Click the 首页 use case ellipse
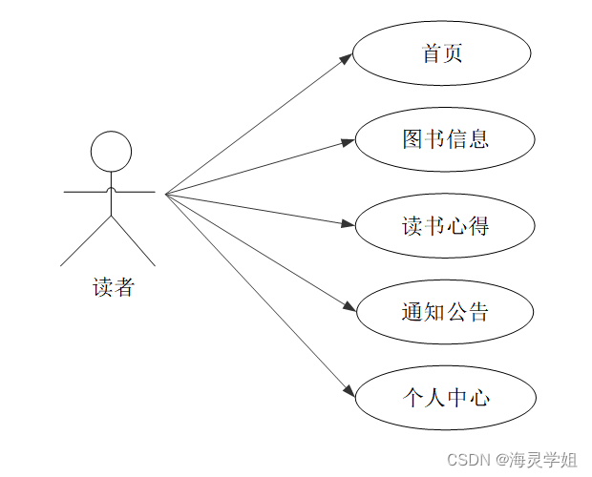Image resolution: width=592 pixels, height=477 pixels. point(441,54)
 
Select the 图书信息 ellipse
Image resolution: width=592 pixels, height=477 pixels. point(444,140)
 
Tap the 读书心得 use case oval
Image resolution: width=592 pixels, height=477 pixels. point(444,226)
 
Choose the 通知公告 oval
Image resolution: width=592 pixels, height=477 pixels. point(444,311)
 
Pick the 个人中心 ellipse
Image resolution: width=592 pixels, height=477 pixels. point(444,396)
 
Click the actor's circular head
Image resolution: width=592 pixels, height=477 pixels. point(111,152)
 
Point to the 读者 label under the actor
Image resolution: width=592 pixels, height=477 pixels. point(114,287)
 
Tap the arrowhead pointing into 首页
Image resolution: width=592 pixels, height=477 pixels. point(347,58)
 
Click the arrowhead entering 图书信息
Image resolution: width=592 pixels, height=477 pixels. point(349,142)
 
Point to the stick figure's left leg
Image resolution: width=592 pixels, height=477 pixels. point(86,241)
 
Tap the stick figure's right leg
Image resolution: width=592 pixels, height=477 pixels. point(134,241)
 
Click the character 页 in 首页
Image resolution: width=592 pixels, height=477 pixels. point(454,54)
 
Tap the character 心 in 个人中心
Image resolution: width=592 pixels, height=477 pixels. point(478,396)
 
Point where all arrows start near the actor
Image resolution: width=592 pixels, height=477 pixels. point(166,194)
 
